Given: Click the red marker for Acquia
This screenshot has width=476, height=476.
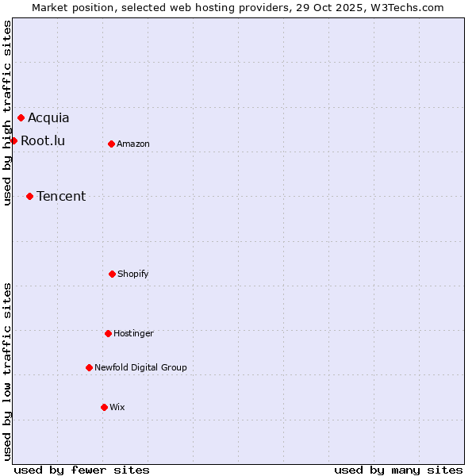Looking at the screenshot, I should tap(21, 118).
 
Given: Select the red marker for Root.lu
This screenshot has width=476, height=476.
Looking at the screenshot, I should tap(13, 140).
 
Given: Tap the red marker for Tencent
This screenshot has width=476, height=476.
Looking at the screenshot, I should tap(29, 196).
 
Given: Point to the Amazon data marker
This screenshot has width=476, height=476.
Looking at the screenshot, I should tap(111, 144).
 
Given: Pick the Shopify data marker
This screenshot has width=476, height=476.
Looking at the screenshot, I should tap(112, 274).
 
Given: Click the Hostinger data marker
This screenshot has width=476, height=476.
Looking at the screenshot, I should tap(108, 333).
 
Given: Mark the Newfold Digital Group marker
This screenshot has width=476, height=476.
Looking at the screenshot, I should tap(89, 367).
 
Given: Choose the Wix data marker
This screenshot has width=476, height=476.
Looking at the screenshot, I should tap(104, 407).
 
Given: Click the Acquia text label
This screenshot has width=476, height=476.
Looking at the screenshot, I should tap(48, 118).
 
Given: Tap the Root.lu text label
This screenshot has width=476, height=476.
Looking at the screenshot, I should tap(43, 141).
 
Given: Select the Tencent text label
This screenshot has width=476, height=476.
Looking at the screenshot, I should tap(61, 197).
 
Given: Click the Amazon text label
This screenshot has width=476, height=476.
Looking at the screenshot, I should tap(133, 144).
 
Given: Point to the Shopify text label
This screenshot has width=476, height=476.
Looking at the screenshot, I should tap(133, 274).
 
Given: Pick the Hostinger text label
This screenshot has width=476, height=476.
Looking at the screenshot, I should tap(133, 334).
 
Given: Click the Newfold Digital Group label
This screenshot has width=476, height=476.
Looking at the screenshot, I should tap(140, 368).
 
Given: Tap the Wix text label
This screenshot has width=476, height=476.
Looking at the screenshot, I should tap(117, 408).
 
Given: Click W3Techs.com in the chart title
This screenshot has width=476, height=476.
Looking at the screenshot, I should tap(405, 7).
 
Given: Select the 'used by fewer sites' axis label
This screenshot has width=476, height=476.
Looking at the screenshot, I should tap(82, 470).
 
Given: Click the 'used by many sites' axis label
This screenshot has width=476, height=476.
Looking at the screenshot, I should tap(398, 470).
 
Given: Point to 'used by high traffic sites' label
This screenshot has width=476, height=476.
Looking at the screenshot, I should tap(7, 113).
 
